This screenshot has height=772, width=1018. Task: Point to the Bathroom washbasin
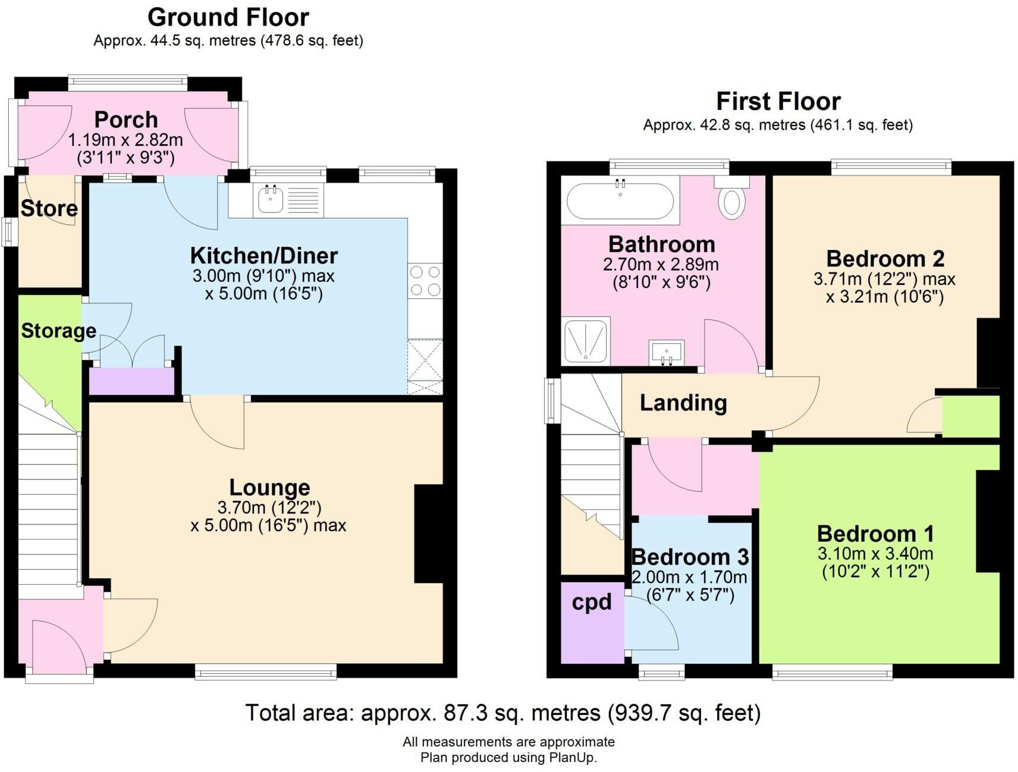pos(667,353)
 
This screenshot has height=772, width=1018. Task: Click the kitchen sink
pos(288,200)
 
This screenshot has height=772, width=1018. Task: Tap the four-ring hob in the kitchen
pos(425,281)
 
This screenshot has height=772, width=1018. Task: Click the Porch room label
pos(126,120)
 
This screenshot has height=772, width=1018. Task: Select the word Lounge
pos(269,488)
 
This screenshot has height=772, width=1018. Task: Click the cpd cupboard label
pos(591,602)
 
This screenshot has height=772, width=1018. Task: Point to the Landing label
pos(683,403)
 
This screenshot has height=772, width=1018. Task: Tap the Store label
pos(49,208)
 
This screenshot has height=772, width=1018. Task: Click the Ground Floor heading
pos(228,17)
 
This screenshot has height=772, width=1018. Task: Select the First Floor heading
pos(778,101)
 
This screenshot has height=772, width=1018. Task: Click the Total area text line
pos(503,713)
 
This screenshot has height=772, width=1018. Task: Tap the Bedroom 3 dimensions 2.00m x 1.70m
pos(689,577)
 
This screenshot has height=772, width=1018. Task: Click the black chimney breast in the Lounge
pos(429,534)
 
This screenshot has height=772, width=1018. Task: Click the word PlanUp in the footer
pos(571,758)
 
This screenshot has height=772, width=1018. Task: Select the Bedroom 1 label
pos(875,534)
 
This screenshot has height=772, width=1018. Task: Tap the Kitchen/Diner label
pos(264,256)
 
